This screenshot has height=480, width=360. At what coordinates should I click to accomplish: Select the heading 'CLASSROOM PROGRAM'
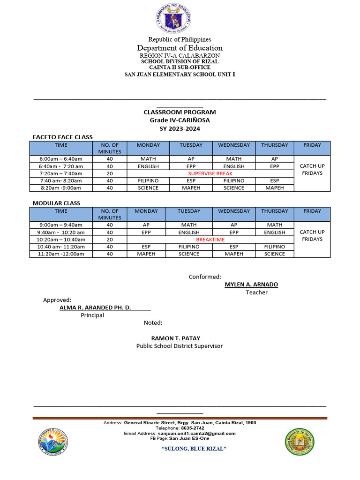[180, 112]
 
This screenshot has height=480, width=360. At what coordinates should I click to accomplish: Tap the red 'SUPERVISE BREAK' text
[210, 173]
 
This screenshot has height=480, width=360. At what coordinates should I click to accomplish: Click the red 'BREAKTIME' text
[210, 240]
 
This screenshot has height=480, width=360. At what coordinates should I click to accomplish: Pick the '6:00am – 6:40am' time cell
[61, 159]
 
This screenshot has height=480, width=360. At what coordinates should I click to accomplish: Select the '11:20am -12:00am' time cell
[61, 254]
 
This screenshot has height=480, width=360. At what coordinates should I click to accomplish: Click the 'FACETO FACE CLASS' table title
[62, 137]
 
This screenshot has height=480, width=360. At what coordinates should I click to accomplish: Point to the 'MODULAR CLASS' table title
[56, 203]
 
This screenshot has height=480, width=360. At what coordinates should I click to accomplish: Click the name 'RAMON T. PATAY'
[175, 338]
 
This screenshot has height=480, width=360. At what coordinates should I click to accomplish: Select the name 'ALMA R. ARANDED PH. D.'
[95, 307]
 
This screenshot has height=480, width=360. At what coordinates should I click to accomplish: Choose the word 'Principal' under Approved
[92, 315]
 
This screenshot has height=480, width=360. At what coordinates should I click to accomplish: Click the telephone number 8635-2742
[193, 428]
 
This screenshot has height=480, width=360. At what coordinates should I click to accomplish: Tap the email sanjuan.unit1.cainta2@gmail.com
[196, 434]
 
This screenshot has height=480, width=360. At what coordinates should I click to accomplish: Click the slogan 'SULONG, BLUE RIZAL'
[194, 449]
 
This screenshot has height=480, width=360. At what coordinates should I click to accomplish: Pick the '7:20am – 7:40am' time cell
[61, 173]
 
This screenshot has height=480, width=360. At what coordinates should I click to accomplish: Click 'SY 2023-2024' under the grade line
[180, 128]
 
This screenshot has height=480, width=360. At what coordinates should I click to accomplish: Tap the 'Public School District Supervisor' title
[180, 346]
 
